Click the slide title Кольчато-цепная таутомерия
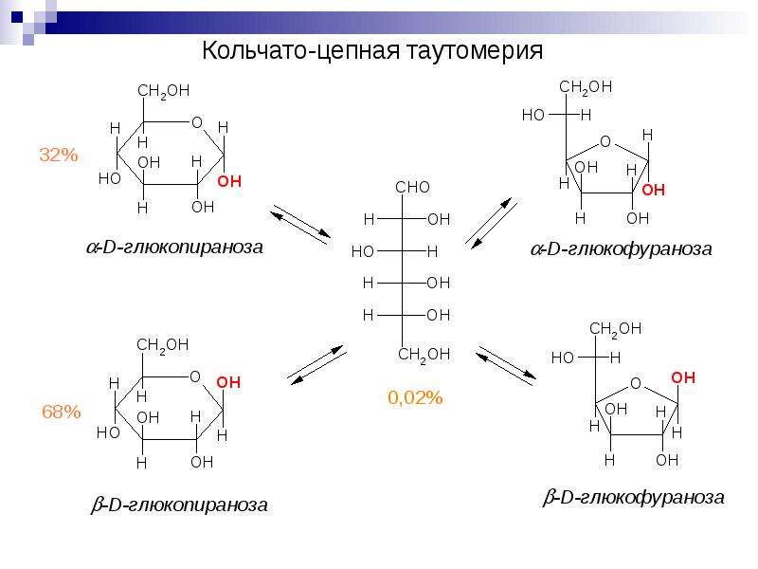pos(372,50)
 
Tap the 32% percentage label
pos(59,155)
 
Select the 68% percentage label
pos(62,412)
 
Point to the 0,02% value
pos(415,397)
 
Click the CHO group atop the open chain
pos(412,187)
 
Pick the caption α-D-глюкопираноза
pos(174,247)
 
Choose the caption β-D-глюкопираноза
pos(179,505)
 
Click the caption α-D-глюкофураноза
pos(622,248)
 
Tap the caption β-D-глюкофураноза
pos(634,497)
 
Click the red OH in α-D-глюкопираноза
pos(229,181)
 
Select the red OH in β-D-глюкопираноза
pos(228,383)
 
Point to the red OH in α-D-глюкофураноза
pos(653,190)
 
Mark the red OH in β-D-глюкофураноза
pos(683,377)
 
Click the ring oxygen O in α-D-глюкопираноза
pos(197,122)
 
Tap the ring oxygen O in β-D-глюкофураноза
pos(636,384)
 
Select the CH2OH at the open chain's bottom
pos(424,355)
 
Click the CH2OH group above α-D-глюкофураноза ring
pos(586,87)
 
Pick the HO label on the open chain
pos(363,251)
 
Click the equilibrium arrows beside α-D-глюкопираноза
pos(300,225)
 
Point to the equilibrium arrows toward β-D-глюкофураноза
pos(506,366)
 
